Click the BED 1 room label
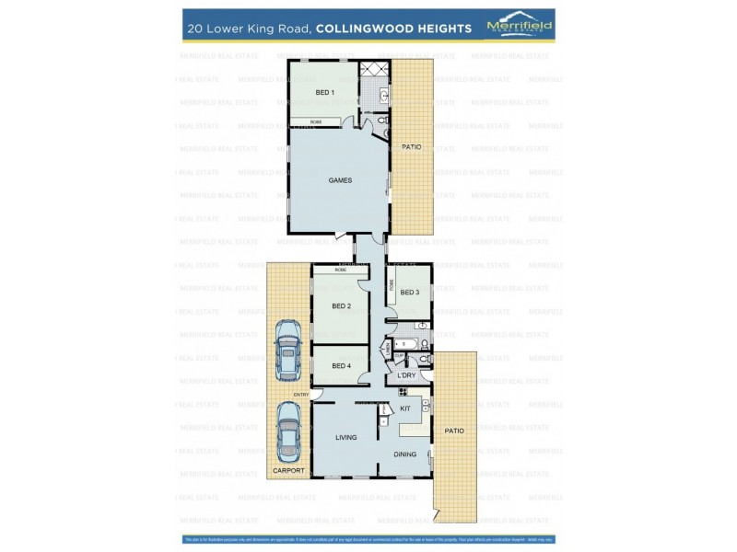tap(324, 93)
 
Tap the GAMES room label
tap(340, 180)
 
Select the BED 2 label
tap(341, 306)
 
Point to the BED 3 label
tap(410, 293)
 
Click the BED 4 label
tap(341, 366)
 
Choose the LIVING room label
tap(345, 437)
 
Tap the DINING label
tap(405, 454)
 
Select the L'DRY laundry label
tap(406, 375)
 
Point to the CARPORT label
tap(287, 471)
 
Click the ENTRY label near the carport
tap(301, 395)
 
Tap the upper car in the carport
tap(288, 350)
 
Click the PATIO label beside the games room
tap(411, 147)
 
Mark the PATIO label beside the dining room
tap(454, 431)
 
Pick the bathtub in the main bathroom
tap(408, 344)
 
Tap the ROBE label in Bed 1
tap(316, 121)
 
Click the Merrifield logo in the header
tap(520, 27)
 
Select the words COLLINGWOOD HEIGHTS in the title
tap(393, 29)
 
